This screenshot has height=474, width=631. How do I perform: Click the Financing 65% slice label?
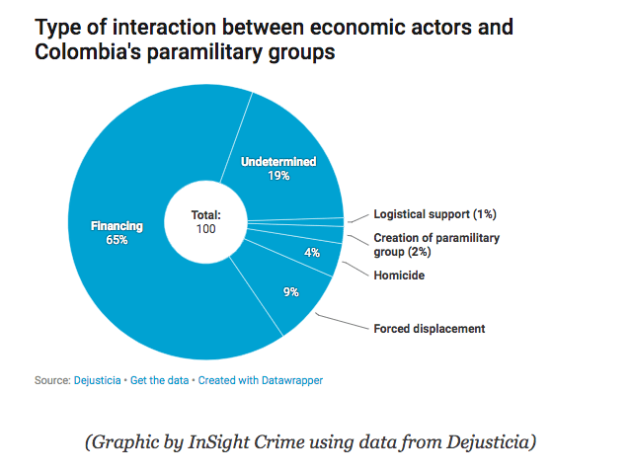coord(117,233)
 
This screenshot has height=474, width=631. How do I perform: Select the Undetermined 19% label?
coord(278,169)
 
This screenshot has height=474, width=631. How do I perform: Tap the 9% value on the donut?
coord(291,291)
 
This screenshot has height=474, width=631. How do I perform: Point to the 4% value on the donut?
coord(312,253)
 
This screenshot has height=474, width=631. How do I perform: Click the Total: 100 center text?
coord(205,221)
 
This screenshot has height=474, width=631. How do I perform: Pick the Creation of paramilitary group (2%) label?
coord(436,245)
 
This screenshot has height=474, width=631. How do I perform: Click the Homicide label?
coord(399,276)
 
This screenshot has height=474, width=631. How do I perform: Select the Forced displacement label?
coord(429,329)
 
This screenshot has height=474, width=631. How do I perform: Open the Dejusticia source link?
coord(97,380)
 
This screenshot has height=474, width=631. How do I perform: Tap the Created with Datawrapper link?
coord(260,380)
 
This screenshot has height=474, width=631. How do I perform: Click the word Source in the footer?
coord(50,380)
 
